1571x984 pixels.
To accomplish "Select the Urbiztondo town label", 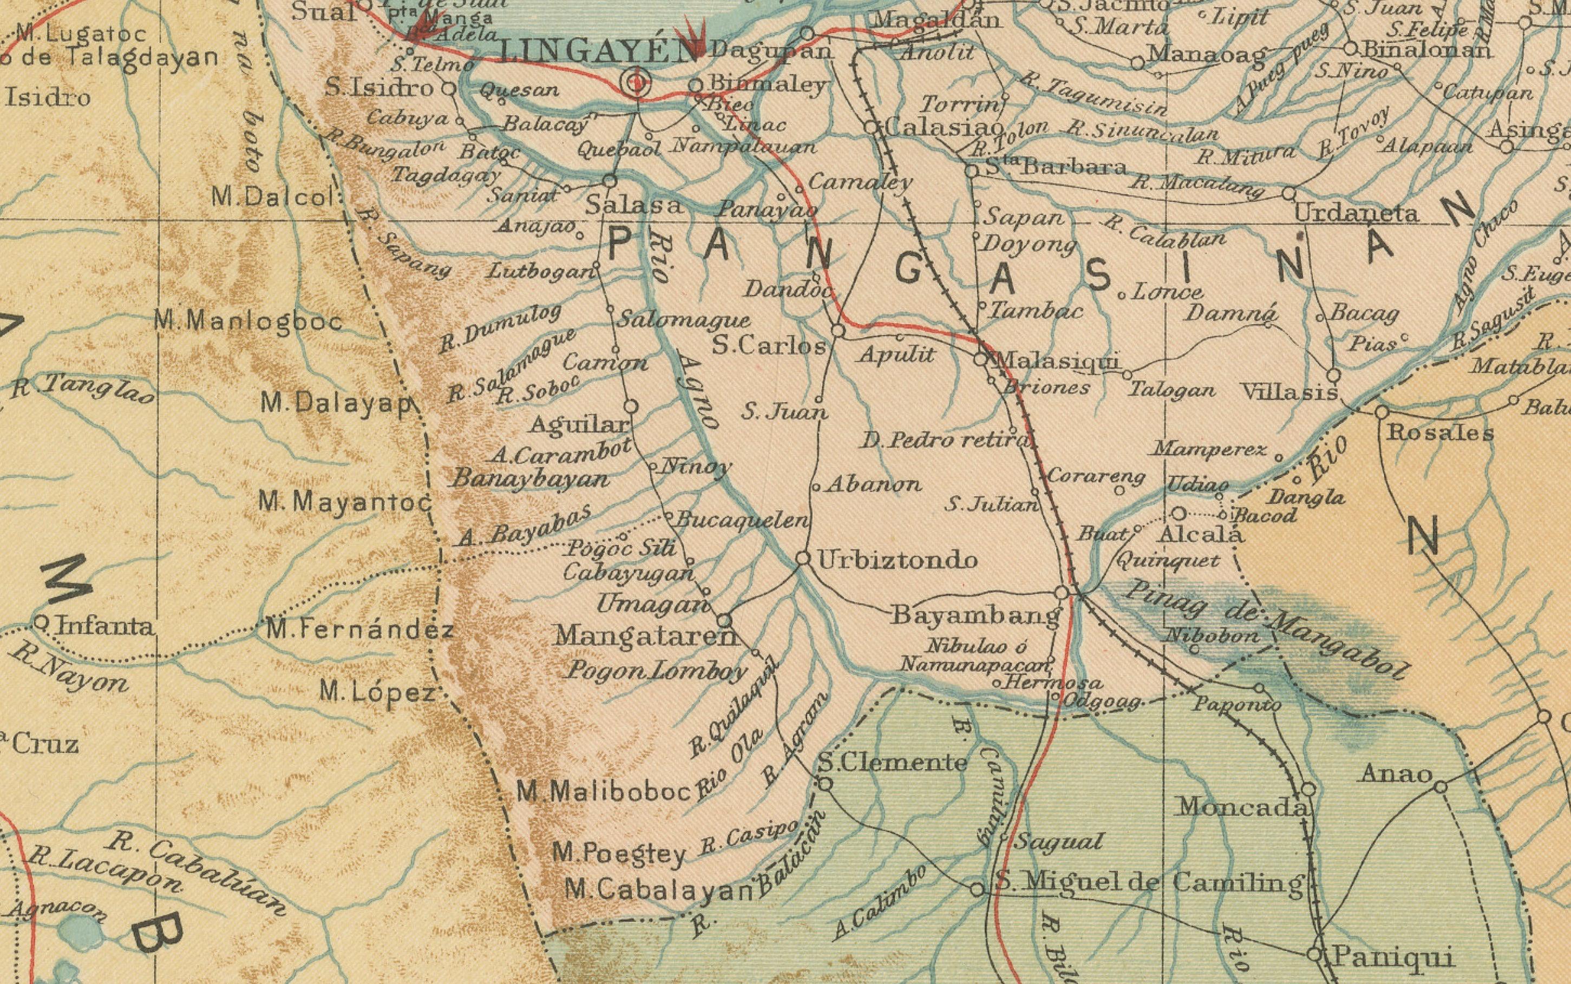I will click(x=897, y=560).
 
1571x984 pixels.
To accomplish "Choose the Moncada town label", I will click(x=1242, y=808).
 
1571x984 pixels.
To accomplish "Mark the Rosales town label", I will click(x=1440, y=433).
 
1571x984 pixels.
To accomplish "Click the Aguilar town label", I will click(x=578, y=425).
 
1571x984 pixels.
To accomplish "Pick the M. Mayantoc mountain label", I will click(x=345, y=502).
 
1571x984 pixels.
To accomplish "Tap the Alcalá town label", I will click(x=1201, y=535).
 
